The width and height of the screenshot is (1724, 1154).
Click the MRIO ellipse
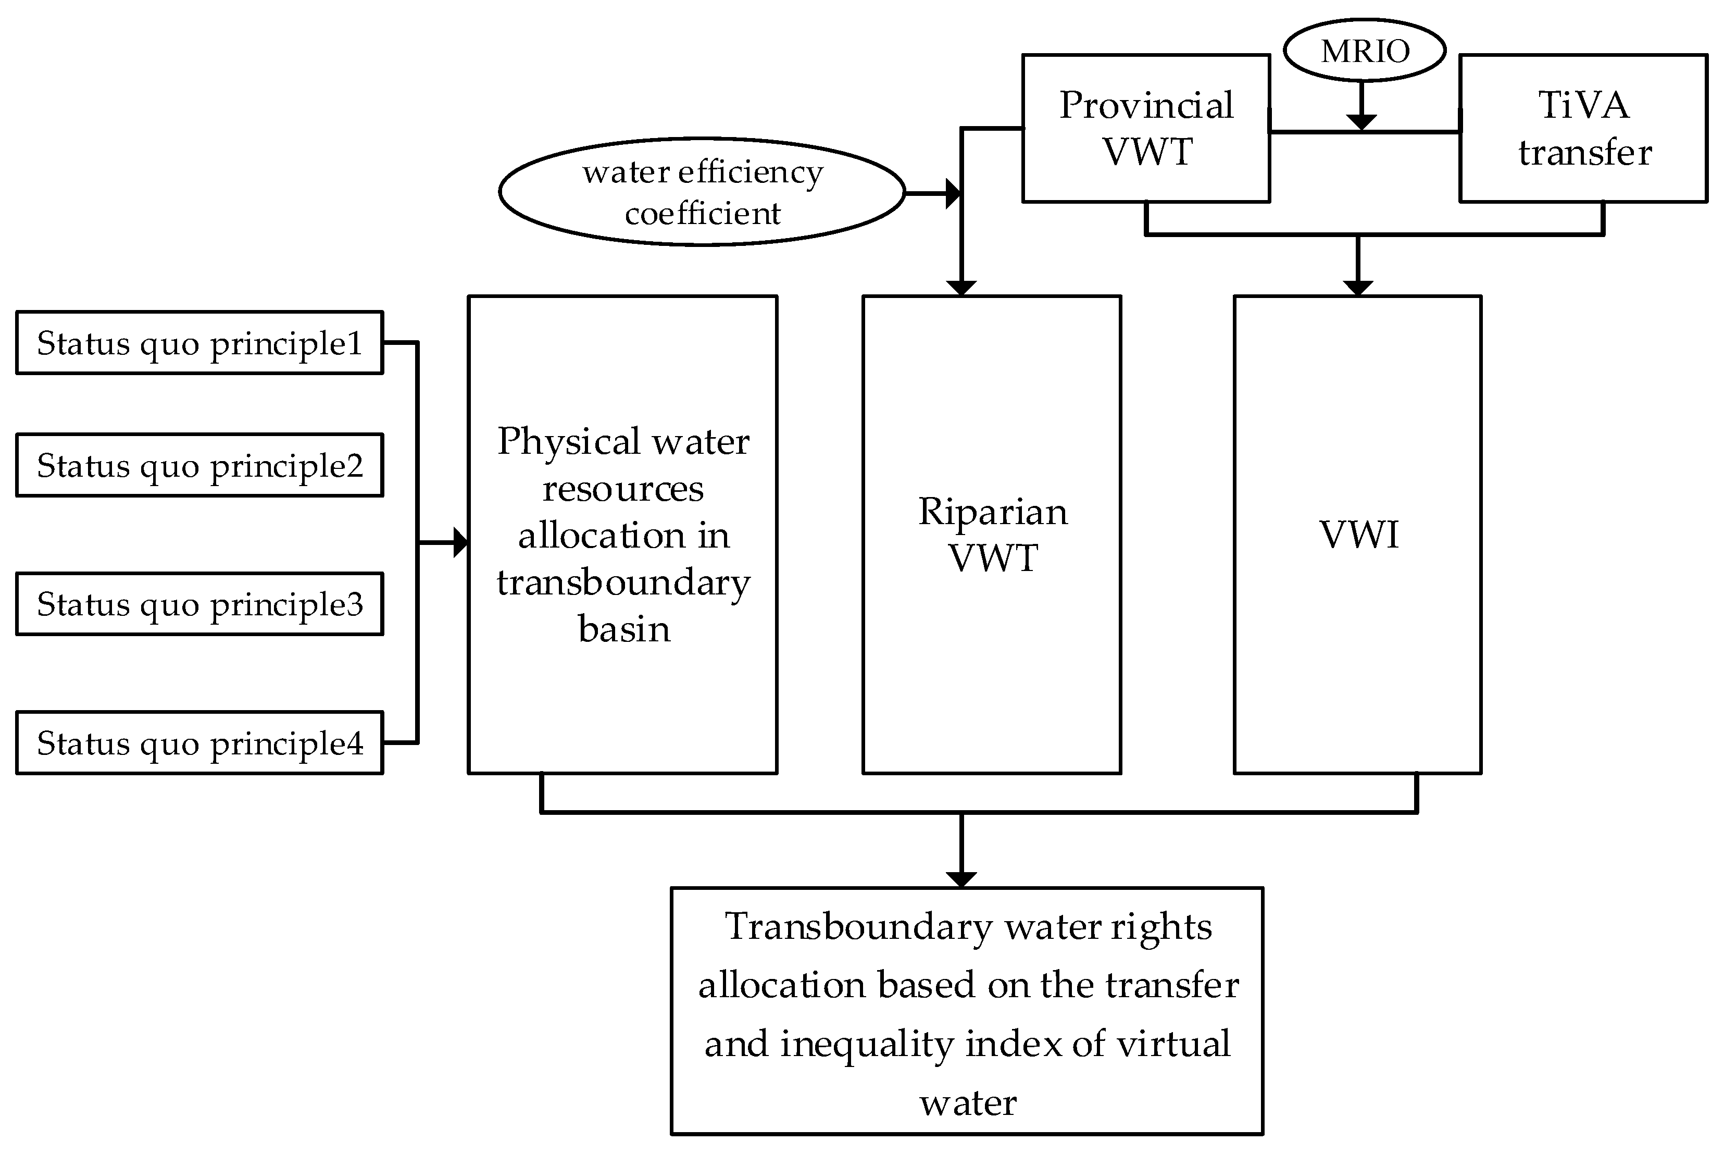point(1364,50)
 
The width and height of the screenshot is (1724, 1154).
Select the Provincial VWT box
point(1146,128)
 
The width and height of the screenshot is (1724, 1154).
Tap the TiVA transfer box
point(1583,128)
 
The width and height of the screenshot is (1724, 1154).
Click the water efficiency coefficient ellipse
point(702,191)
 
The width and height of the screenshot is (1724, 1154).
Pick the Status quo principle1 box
point(199,343)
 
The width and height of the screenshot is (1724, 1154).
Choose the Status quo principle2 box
point(199,465)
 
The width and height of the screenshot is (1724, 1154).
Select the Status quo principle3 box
point(199,603)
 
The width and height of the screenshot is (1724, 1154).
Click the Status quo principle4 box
point(199,742)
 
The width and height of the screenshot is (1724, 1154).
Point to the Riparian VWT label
point(992,535)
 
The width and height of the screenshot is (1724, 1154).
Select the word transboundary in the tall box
point(623,582)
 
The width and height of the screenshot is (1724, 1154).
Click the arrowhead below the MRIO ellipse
point(1361,121)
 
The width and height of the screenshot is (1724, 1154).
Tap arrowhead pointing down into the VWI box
point(1357,288)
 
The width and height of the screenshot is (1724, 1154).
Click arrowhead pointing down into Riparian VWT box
point(961,288)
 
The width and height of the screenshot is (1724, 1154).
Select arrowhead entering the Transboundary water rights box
point(961,879)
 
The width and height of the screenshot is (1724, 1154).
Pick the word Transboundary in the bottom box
point(858,926)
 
